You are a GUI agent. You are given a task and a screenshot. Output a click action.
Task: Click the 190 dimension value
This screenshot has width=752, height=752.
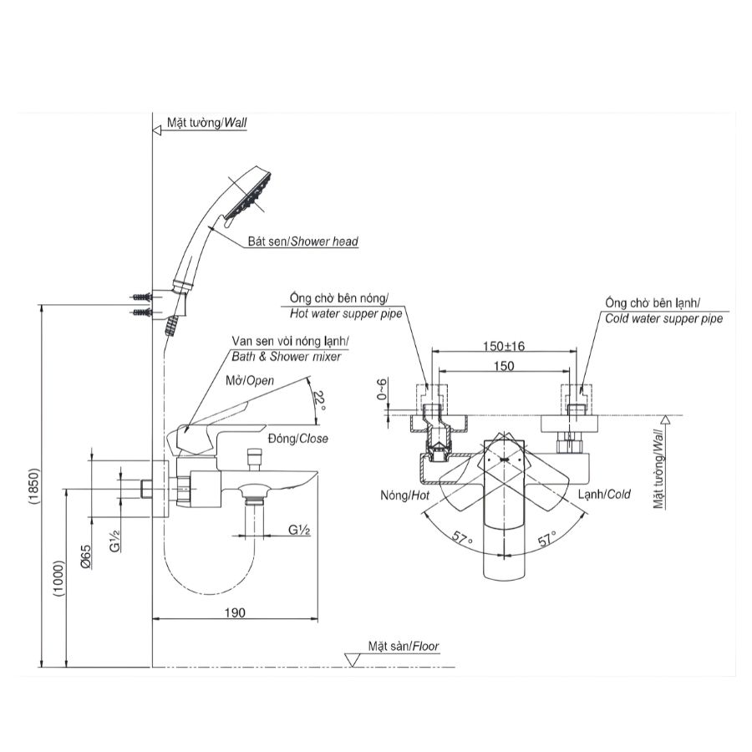(235, 613)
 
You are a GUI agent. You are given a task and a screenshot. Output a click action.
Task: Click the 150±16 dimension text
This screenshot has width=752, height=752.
(502, 345)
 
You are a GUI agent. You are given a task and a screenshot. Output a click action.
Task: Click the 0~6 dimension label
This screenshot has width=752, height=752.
(382, 391)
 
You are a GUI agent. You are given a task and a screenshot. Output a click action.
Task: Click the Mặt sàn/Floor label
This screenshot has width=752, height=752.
(403, 646)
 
